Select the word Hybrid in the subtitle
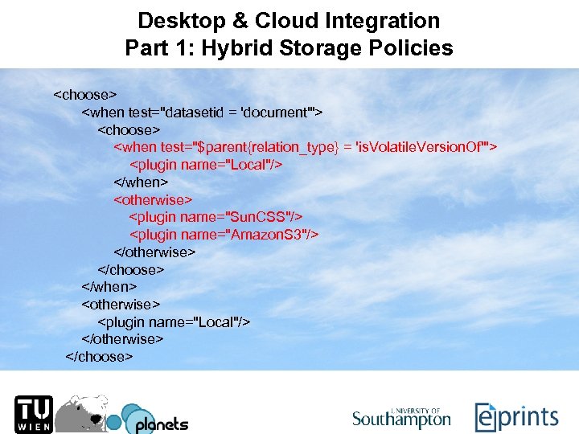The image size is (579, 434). click(240, 48)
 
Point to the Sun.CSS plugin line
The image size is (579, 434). click(216, 216)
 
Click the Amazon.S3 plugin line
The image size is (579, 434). click(224, 234)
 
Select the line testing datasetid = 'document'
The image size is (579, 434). click(202, 112)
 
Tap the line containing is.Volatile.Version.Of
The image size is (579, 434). click(306, 146)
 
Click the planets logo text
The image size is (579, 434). click(161, 424)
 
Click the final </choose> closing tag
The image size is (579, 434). click(99, 356)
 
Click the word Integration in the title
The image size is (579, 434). click(377, 20)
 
